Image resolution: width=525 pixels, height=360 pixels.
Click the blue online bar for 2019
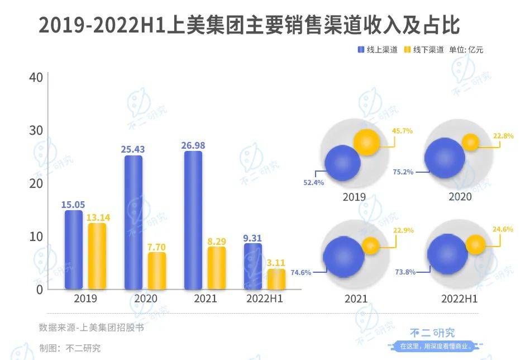click(x=73, y=249)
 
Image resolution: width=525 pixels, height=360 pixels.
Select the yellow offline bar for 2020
click(x=157, y=271)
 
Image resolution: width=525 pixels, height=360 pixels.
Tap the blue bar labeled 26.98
click(x=193, y=220)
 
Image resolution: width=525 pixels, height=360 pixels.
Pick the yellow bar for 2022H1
click(x=276, y=279)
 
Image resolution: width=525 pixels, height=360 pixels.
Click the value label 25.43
click(x=133, y=150)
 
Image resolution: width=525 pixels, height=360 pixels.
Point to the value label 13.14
click(x=97, y=217)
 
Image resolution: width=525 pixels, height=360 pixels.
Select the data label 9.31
click(x=253, y=238)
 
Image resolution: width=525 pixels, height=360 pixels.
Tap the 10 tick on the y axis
click(x=36, y=236)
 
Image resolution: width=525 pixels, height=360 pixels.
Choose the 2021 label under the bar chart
click(x=205, y=299)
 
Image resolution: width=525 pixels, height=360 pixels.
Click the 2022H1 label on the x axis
click(x=265, y=299)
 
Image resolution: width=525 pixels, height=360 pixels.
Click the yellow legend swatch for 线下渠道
click(x=408, y=50)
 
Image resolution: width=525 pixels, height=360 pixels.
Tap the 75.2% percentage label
click(x=403, y=172)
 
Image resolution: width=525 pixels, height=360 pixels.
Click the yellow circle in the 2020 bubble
click(x=470, y=142)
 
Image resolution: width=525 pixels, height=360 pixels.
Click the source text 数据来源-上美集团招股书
click(x=91, y=328)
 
